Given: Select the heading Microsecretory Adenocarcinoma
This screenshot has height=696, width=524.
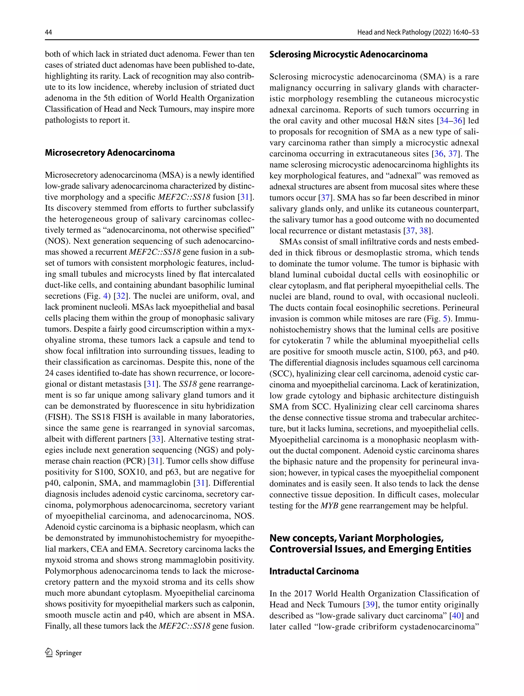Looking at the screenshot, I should coord(110,153).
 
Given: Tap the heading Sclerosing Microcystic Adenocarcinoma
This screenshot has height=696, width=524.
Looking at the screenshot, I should coord(348,54).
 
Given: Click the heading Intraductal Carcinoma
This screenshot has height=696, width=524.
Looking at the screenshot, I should coord(314,571).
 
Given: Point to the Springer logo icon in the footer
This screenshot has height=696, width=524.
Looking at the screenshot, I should coord(49,653).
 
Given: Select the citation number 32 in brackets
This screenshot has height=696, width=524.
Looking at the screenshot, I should coord(121,296).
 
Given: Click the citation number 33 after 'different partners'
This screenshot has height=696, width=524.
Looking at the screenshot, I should coord(156,439).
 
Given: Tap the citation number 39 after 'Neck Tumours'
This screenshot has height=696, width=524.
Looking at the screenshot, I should coord(370,604).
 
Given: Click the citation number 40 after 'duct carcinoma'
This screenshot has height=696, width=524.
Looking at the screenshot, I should coord(456,615).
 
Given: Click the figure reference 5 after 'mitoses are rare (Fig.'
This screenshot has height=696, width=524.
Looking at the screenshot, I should coord(445,319).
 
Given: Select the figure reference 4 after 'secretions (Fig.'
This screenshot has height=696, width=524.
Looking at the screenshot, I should coord(105,296).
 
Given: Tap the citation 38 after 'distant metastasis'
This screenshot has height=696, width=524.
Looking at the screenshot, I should coord(424,231).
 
